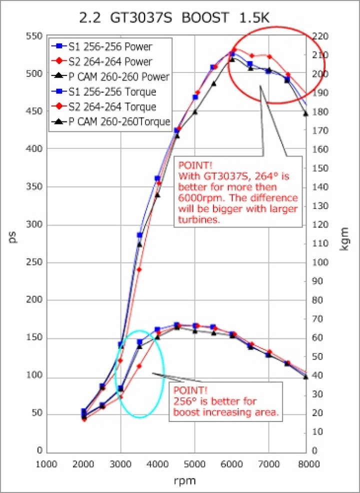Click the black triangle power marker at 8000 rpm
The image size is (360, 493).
pyautogui.click(x=305, y=114)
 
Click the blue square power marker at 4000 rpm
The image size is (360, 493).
pyautogui.click(x=157, y=178)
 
